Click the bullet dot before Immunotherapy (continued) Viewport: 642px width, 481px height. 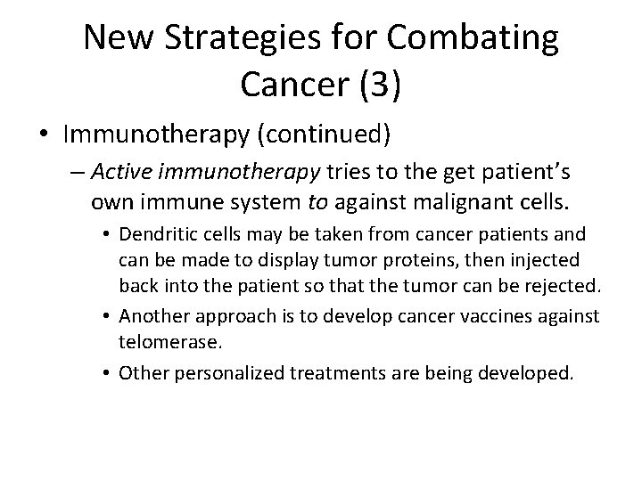(43, 135)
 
